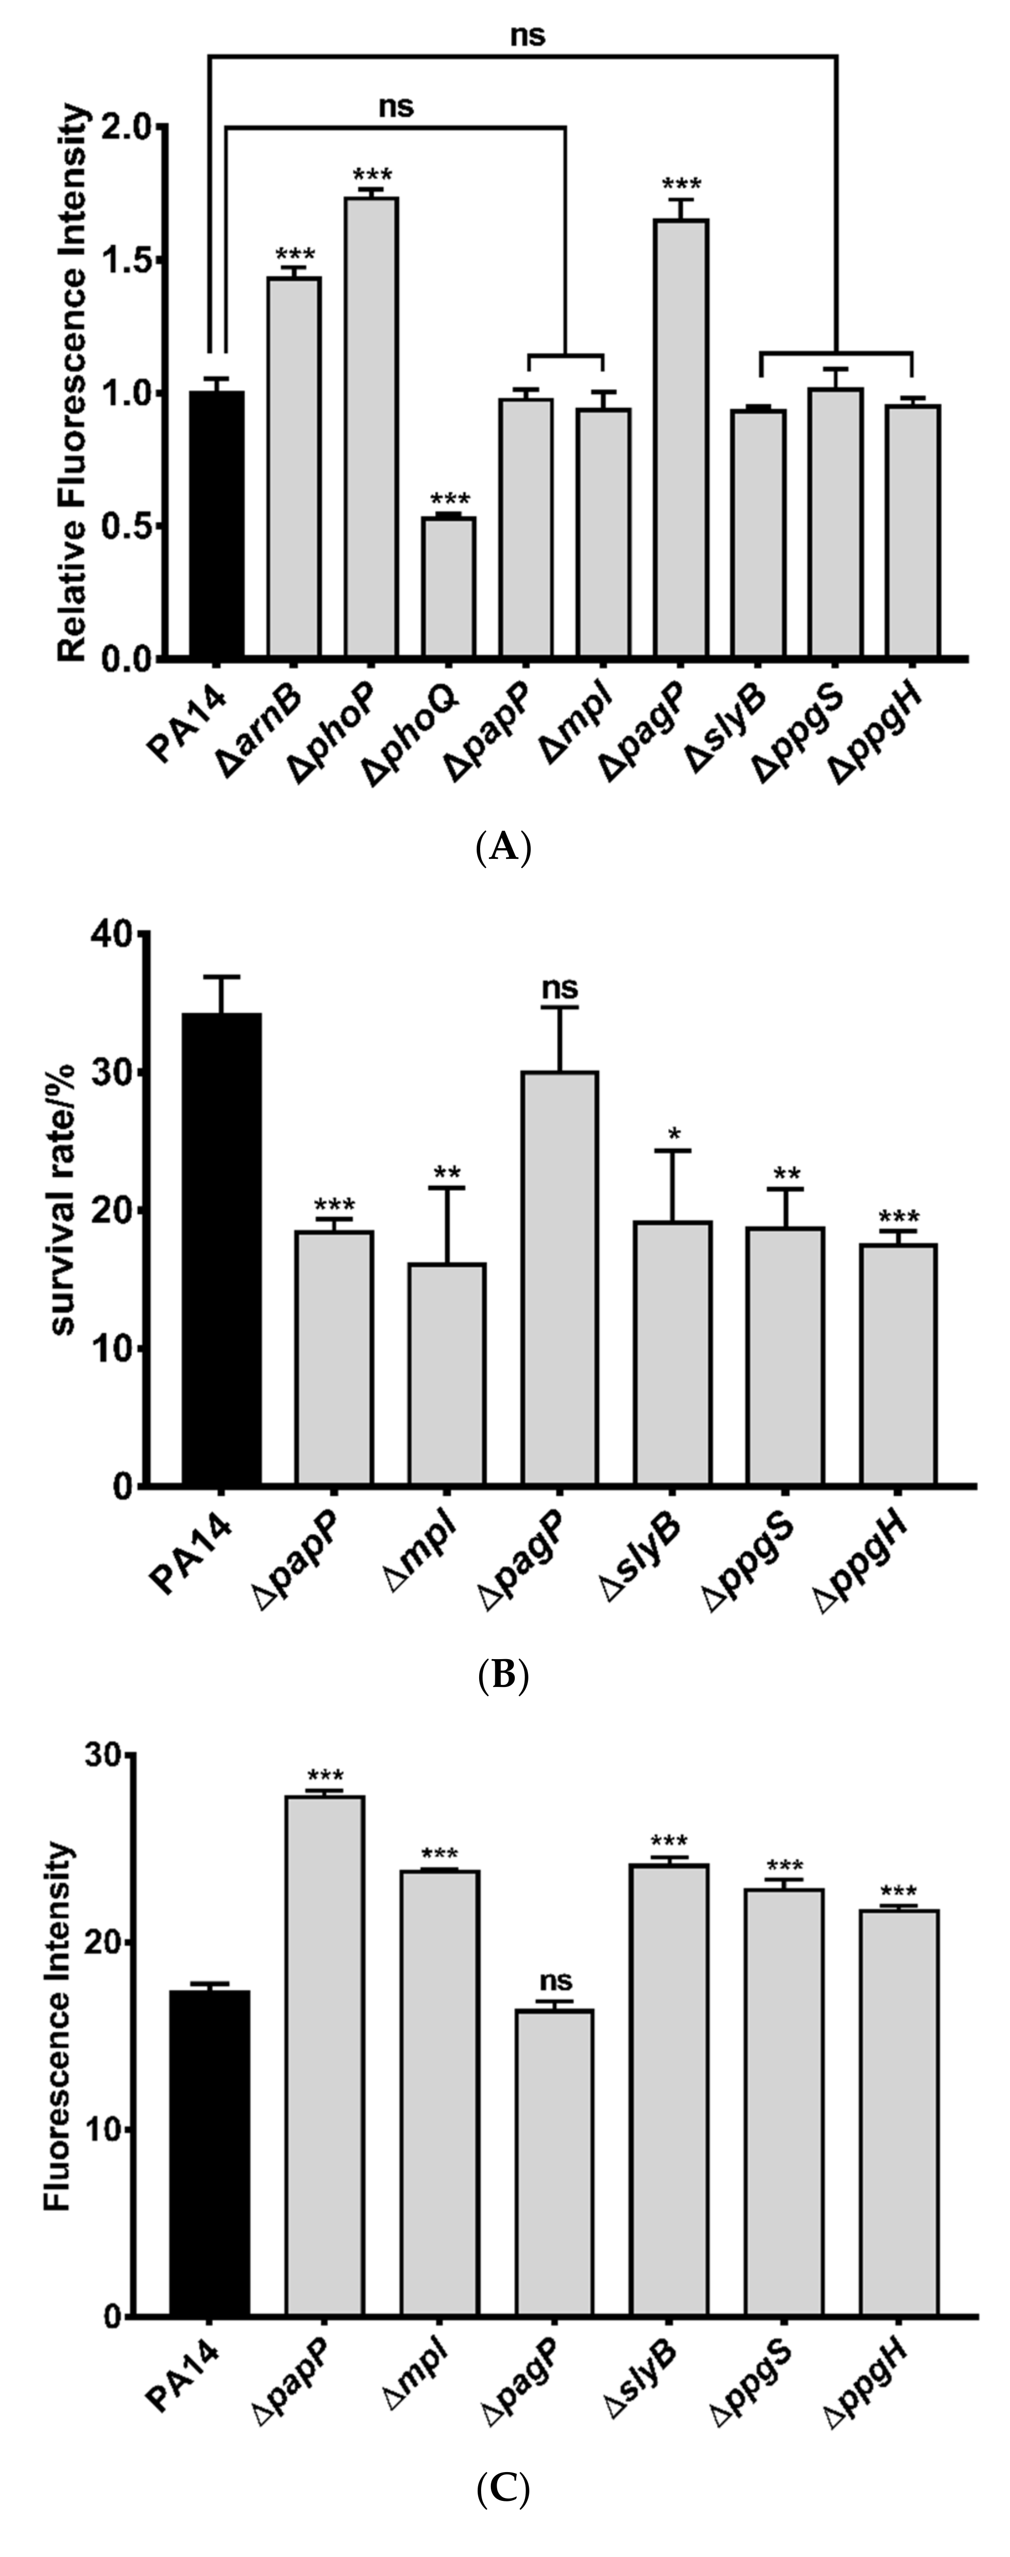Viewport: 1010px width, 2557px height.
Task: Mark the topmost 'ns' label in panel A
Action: click(x=528, y=36)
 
